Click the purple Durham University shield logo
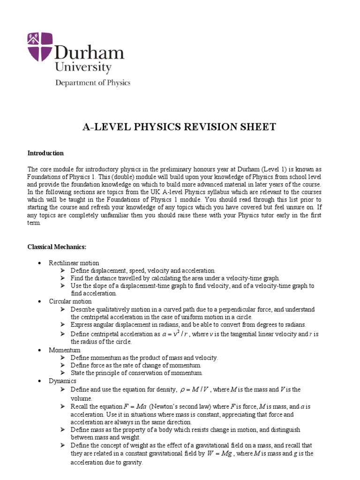pos(40,47)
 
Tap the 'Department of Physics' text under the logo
pos(93,83)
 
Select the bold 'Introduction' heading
pos(45,153)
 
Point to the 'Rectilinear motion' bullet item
pos(74,263)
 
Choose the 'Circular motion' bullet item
pos(70,301)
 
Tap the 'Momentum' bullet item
pos(65,350)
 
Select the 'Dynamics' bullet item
pos(62,381)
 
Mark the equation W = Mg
pos(220,454)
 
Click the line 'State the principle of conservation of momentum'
pos(137,373)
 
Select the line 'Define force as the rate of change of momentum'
pos(136,365)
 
